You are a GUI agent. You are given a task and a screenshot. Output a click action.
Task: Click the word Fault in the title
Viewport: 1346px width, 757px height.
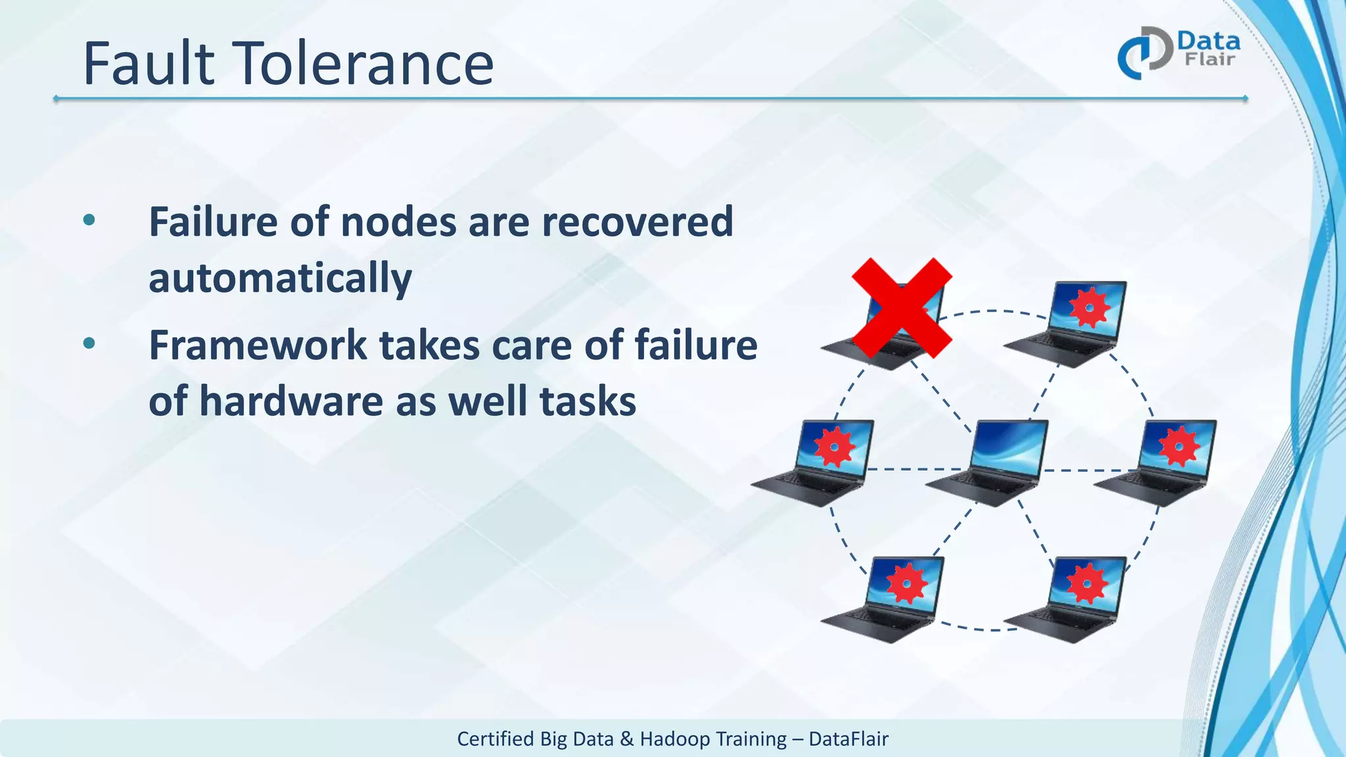[149, 64]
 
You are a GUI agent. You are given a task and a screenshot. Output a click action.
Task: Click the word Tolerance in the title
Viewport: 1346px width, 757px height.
[363, 64]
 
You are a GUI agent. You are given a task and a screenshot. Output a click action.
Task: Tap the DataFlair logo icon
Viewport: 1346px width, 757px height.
[1145, 53]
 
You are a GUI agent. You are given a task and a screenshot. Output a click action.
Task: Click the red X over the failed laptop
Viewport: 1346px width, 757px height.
[902, 308]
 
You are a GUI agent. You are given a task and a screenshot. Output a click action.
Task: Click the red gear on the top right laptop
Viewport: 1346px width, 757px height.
[1089, 306]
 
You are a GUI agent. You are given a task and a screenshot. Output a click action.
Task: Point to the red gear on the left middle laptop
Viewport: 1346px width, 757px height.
[835, 447]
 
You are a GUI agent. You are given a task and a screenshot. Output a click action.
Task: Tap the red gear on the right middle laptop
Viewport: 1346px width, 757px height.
[1179, 447]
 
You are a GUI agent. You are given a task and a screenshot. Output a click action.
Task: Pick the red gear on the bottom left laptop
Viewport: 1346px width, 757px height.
[907, 583]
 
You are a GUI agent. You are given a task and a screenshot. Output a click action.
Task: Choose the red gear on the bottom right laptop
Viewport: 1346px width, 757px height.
[1086, 583]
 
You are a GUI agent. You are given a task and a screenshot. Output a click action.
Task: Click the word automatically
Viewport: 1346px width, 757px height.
[280, 278]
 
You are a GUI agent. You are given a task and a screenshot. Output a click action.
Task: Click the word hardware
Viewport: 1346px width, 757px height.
[290, 401]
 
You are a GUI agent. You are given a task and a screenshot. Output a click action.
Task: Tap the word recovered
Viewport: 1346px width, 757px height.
[637, 222]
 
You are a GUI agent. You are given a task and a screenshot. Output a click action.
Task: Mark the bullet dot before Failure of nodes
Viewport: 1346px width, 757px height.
[89, 220]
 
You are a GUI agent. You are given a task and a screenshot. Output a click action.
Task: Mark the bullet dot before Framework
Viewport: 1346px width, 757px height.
[89, 343]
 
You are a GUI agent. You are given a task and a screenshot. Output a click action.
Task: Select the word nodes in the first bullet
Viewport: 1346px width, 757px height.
[398, 222]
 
